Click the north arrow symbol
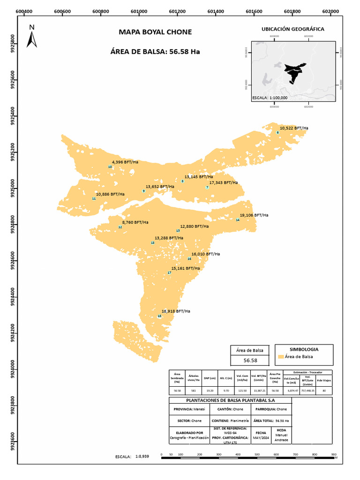pos(32,37)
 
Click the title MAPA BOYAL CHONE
pos(155,32)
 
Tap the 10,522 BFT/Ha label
pos(294,128)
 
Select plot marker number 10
pos(110,167)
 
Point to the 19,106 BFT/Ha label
pos(254,215)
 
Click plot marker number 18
pos(159,316)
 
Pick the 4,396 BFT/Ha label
pos(125,162)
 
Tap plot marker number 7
pos(207,187)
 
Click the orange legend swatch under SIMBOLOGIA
pos(280,357)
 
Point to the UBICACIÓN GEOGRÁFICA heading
pos(292,29)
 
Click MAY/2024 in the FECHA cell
pos(261,438)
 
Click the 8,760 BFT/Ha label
pos(135,222)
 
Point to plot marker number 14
pos(238,220)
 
